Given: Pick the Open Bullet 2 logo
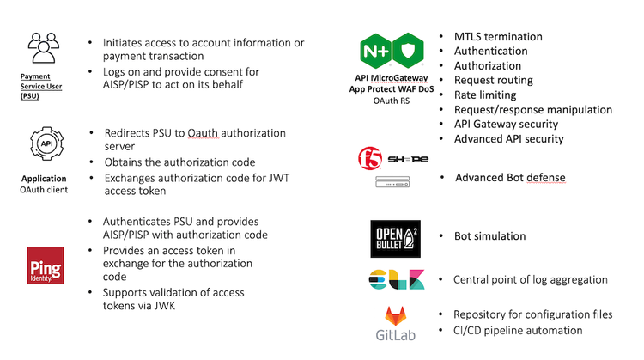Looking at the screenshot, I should click(396, 238).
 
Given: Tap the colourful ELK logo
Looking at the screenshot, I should click(395, 281).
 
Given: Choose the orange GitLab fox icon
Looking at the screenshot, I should click(395, 315).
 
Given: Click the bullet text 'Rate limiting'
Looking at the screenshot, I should click(485, 95).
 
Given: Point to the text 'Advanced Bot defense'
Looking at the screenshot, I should click(510, 178).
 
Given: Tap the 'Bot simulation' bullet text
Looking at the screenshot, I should click(489, 236).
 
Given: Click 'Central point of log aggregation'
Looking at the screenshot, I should click(530, 279).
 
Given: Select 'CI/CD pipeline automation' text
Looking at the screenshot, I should click(519, 330).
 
